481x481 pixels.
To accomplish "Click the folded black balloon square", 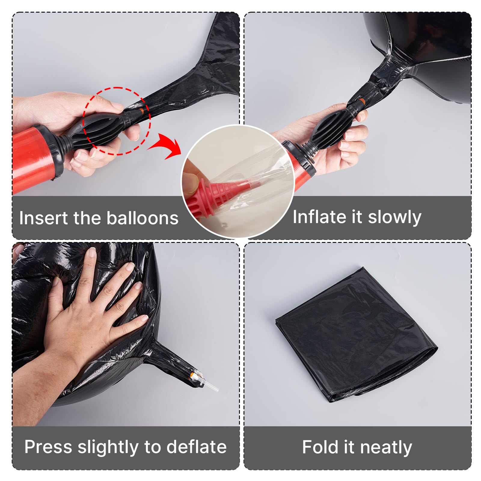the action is (356, 334).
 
